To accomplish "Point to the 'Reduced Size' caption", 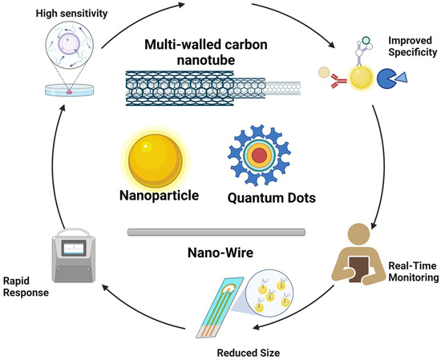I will tap(250, 350).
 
